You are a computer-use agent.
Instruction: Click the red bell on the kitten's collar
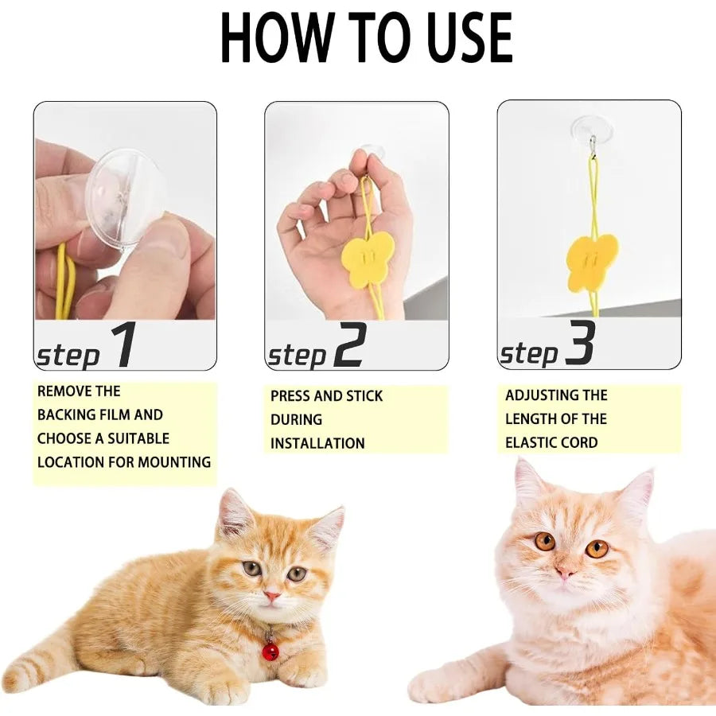click(270, 652)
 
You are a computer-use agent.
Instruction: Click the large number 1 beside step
click(123, 346)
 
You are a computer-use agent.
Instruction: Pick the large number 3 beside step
click(580, 344)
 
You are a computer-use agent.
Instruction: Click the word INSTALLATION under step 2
click(317, 443)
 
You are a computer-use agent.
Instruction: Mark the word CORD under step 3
click(579, 442)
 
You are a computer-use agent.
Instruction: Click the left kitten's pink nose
click(271, 595)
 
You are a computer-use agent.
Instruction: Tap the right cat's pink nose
click(566, 571)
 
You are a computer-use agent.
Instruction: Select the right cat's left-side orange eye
click(545, 541)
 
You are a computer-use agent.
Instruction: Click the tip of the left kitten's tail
click(11, 680)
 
